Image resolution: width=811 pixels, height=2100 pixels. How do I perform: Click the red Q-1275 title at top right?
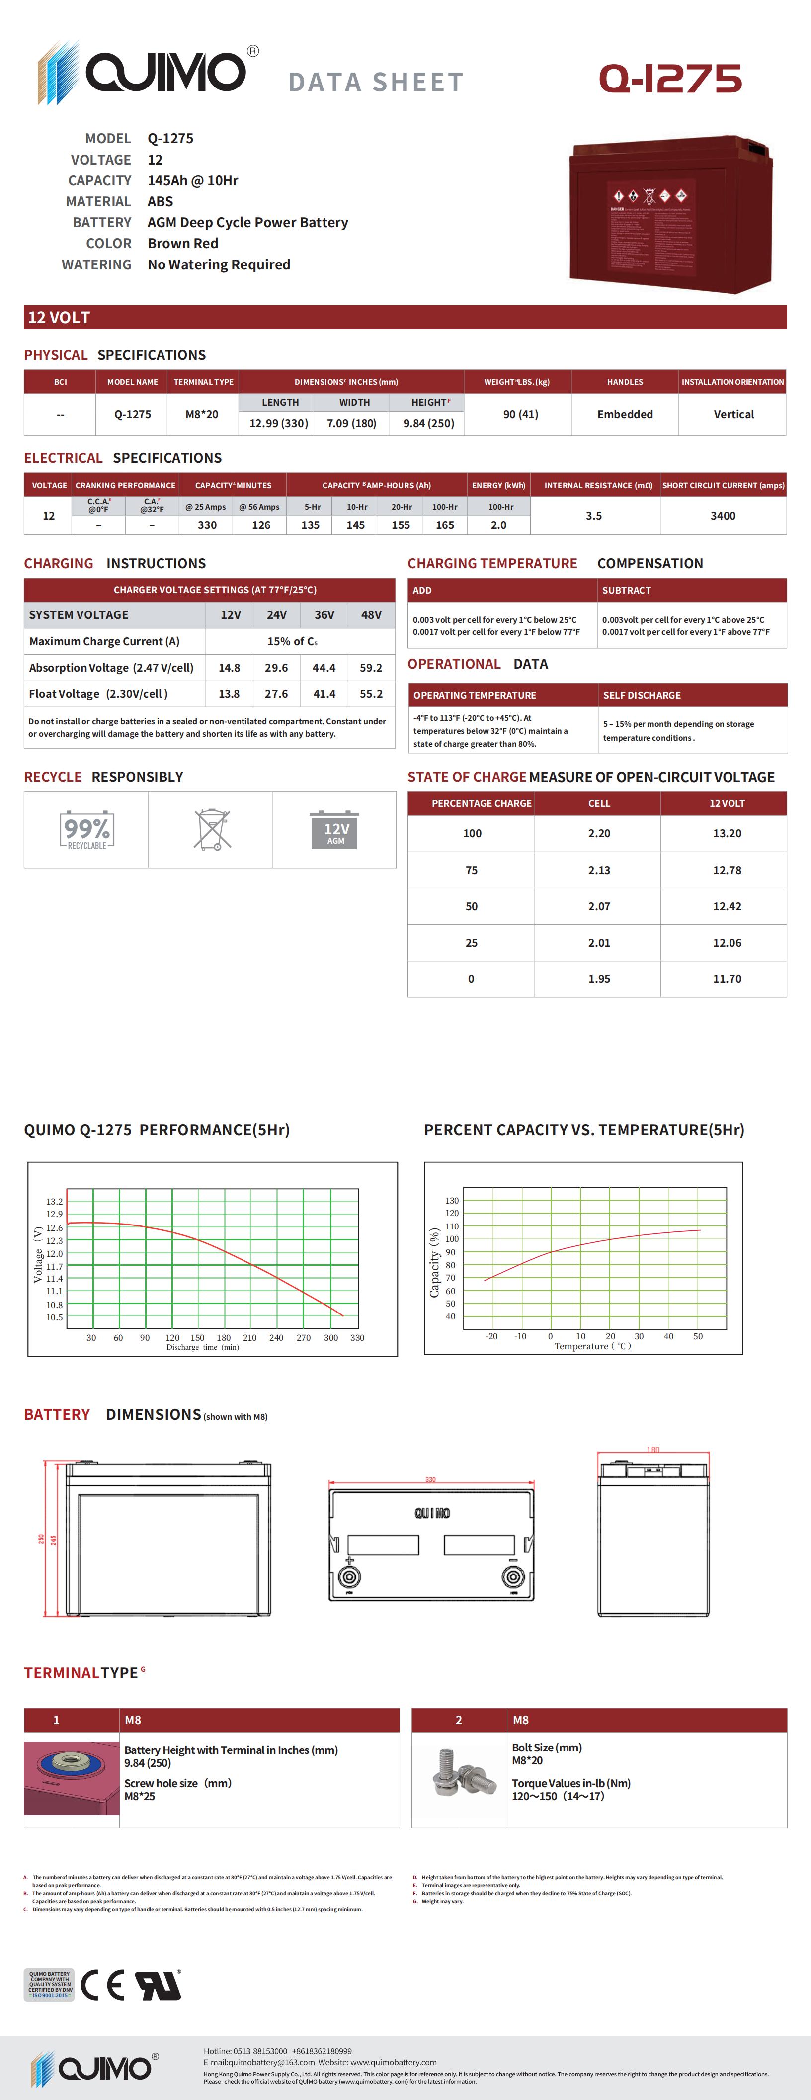click(670, 79)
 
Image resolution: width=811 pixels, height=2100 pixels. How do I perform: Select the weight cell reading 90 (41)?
click(520, 414)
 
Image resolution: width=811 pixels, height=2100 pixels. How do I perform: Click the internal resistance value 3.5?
click(593, 515)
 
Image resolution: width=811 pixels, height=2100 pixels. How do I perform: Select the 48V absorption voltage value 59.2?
click(371, 668)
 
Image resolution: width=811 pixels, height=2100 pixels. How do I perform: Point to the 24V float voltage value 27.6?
click(276, 694)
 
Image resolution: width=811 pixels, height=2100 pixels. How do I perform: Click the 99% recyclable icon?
click(86, 830)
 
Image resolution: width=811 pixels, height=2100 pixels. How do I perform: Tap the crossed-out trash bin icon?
click(212, 830)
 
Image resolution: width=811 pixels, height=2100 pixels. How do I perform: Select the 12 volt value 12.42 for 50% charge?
click(726, 906)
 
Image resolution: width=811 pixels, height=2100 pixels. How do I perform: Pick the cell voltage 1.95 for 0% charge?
click(599, 979)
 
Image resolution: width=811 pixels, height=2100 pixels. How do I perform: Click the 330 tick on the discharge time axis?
click(357, 1338)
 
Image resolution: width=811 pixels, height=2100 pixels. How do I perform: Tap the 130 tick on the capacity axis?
click(452, 1200)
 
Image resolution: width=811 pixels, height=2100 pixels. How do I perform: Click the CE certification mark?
click(103, 1985)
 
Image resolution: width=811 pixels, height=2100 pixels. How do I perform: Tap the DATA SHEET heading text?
click(376, 83)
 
